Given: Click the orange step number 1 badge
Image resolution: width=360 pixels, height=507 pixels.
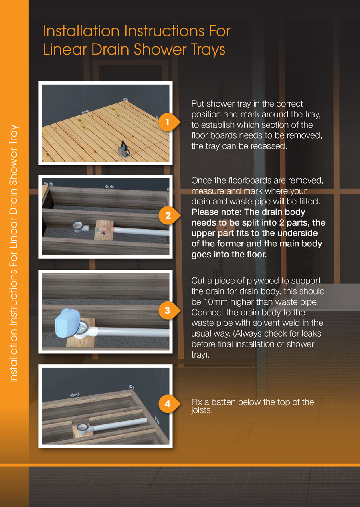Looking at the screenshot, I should pos(167,121).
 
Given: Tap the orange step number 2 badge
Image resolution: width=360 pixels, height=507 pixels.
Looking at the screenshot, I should pos(167,216).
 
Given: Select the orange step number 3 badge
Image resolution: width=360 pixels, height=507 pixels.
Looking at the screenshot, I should pos(167,310).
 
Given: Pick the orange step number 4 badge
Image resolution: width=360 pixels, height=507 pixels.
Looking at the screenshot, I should pos(167,404).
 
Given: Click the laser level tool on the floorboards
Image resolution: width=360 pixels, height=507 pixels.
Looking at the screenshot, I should pos(123,148).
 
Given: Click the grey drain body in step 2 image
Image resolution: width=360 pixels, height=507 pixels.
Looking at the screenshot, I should pos(79,227).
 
